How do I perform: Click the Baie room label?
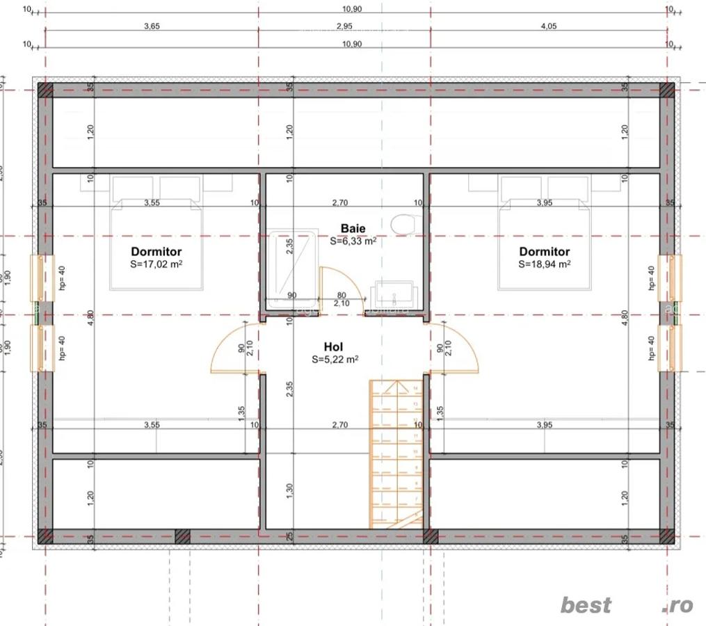tap(353, 228)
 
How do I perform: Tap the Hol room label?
tap(333, 346)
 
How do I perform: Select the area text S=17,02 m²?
tap(156, 264)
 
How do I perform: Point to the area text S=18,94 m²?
tap(544, 264)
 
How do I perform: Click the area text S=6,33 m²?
tap(353, 241)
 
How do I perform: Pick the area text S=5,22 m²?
tap(335, 360)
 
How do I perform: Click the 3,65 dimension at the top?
tap(151, 26)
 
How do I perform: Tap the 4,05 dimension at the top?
tap(549, 26)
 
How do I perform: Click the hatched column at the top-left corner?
tap(45, 90)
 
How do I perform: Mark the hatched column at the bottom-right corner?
tap(667, 536)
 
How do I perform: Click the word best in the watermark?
tap(586, 605)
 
